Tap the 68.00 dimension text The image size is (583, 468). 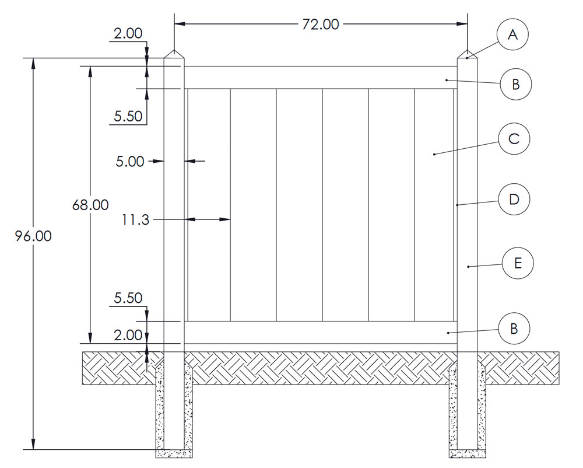90,205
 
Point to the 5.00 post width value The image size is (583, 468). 129,160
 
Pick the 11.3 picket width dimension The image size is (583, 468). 135,219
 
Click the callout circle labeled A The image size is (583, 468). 512,35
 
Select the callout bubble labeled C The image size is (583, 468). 514,139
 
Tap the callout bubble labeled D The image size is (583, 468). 514,200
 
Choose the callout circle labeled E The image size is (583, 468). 517,264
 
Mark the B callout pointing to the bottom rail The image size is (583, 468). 514,329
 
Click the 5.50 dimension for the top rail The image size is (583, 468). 128,116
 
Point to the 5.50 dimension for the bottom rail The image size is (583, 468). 128,298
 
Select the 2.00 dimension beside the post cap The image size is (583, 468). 128,34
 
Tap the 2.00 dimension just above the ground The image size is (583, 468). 128,335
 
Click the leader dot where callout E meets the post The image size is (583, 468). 468,267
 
